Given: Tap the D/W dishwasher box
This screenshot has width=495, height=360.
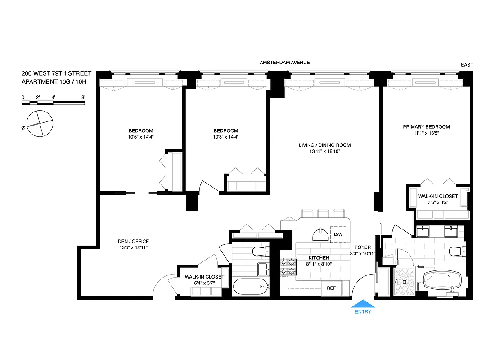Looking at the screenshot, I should coord(338,235).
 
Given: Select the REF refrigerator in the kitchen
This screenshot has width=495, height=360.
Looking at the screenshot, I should coord(331,288).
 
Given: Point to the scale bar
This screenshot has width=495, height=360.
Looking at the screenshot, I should coord(54,103).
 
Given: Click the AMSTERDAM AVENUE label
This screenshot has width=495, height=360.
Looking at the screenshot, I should coord(285,63).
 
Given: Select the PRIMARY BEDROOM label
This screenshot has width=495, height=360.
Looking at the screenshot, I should coord(426,127).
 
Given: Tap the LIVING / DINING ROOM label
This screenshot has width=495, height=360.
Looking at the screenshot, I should coord(324,145).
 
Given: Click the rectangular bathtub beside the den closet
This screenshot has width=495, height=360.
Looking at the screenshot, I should coord(250,286).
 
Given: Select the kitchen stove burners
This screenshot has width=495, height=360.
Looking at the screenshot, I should coord(288,266).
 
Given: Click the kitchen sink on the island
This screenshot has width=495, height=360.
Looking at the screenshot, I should coord(321,234).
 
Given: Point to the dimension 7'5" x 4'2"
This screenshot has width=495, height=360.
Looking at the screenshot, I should coord(437,202).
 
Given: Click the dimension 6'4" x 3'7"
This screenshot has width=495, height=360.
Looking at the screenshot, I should coord(204,283).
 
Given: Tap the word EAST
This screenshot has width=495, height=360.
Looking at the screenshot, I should coord(467,65).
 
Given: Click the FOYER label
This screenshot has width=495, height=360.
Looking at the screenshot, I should coord(362,247).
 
